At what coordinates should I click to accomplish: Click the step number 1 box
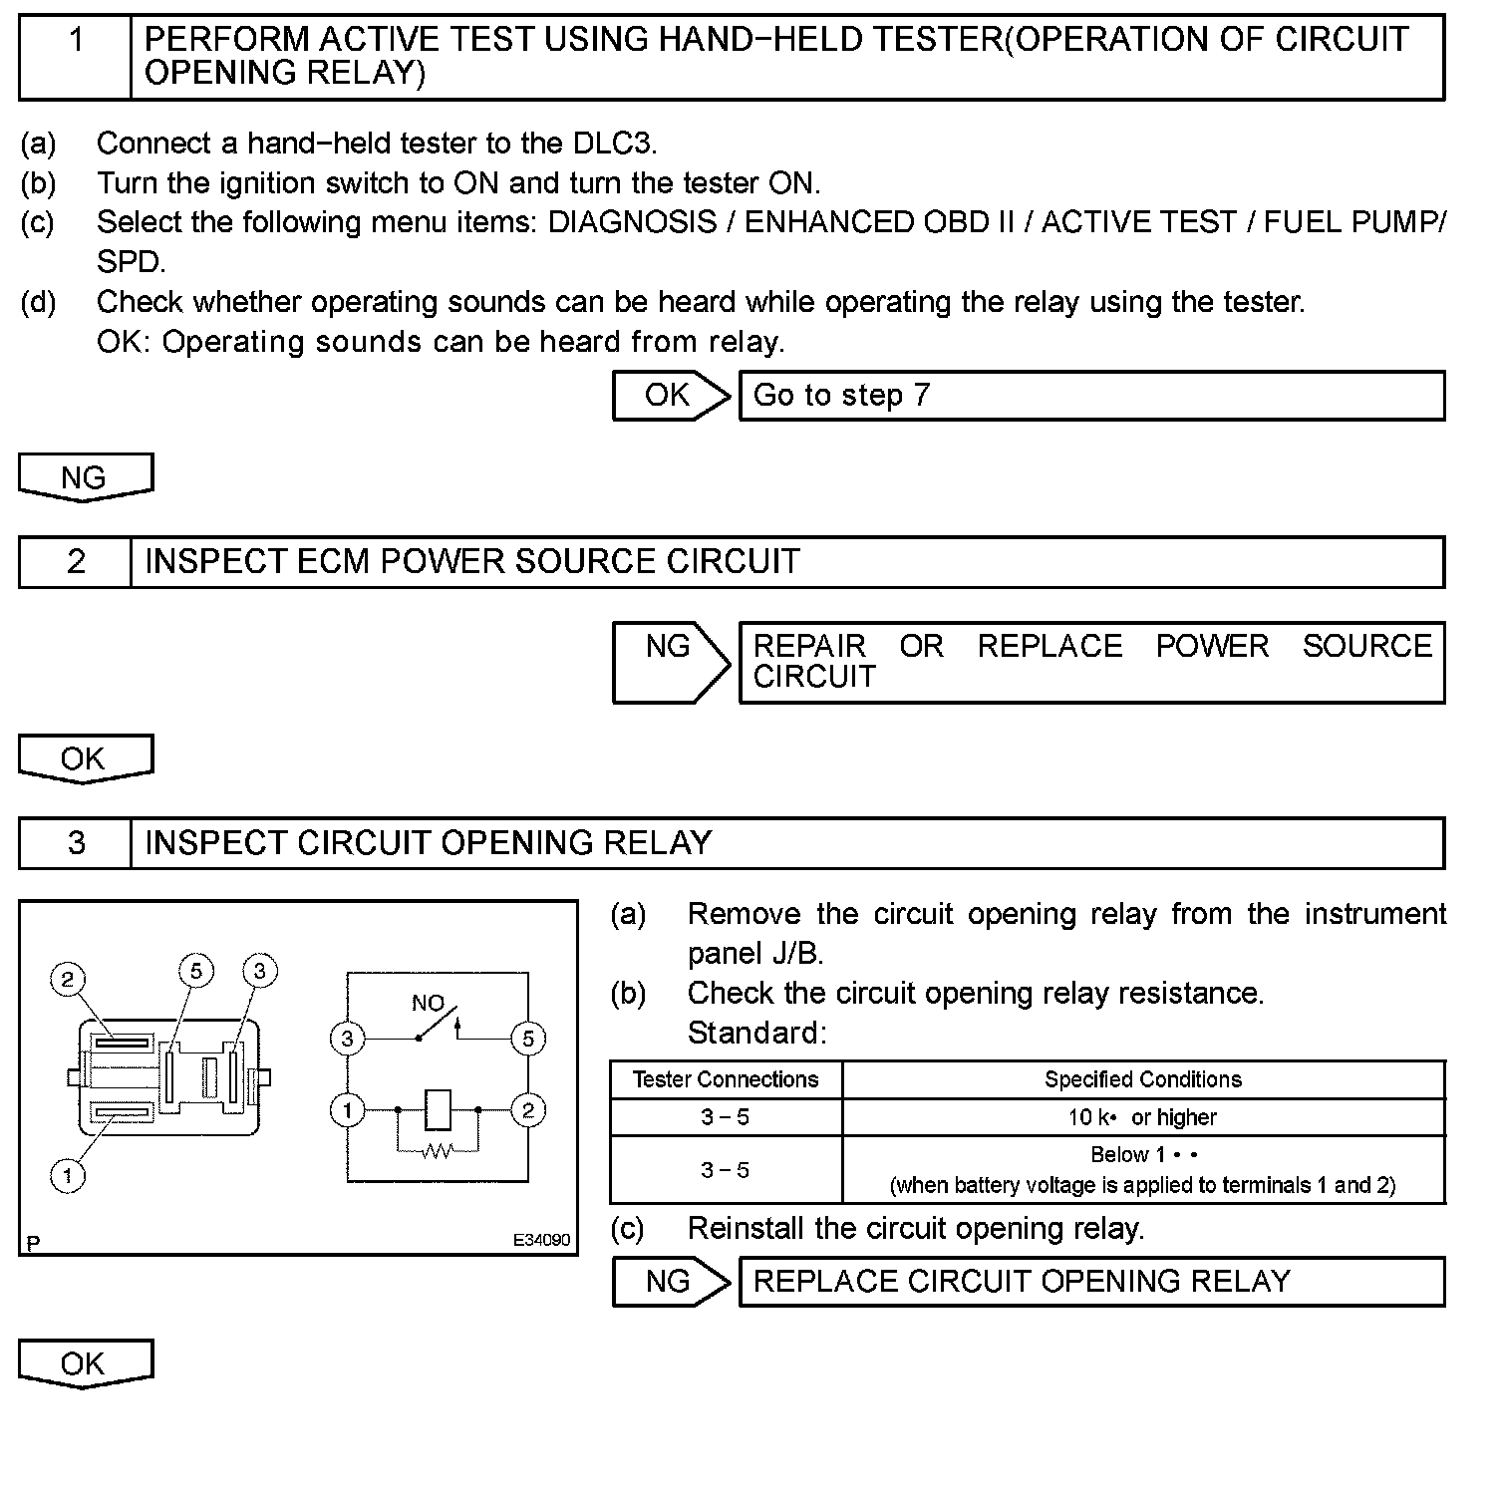click(x=76, y=57)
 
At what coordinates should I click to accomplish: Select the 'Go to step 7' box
click(x=1090, y=396)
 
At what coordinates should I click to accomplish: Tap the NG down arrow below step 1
click(x=85, y=477)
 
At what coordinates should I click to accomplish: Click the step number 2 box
click(x=76, y=562)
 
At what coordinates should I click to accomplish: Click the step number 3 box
click(x=76, y=843)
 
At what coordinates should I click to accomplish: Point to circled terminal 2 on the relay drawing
click(x=67, y=979)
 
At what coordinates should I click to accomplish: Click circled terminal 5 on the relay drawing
click(x=196, y=971)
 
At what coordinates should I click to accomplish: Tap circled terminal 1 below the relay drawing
click(x=68, y=1176)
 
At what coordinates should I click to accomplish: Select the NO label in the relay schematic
click(x=428, y=1003)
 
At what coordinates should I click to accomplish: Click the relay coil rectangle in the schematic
click(x=438, y=1109)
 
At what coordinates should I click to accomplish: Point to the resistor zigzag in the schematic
click(x=438, y=1151)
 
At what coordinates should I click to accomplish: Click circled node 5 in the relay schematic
click(x=527, y=1039)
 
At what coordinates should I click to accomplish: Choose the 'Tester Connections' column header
click(x=726, y=1079)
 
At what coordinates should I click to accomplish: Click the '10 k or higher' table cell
click(x=1142, y=1117)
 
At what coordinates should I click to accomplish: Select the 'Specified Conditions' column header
click(x=1142, y=1079)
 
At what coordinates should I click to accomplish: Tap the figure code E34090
click(x=541, y=1240)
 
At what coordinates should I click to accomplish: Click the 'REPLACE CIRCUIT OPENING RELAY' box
click(x=1090, y=1281)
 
